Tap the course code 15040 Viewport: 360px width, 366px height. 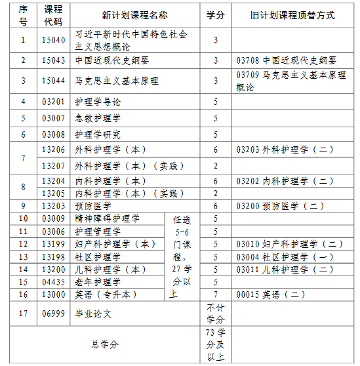[x=53, y=40]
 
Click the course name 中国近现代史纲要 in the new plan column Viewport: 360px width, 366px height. [x=112, y=60]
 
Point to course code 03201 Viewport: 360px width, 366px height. [x=53, y=102]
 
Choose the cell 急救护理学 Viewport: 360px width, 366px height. [x=98, y=118]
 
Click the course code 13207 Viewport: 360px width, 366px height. [x=53, y=165]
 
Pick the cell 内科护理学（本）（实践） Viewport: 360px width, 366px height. [x=130, y=193]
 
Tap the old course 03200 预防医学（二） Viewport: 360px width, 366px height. [x=281, y=206]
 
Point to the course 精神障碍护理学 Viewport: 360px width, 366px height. [x=107, y=218]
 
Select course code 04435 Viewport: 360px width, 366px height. [x=53, y=281]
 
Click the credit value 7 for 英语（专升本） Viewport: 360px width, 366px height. [x=215, y=295]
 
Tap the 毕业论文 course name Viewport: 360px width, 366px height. [x=93, y=314]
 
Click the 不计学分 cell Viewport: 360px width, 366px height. [x=215, y=314]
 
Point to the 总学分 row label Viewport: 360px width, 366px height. [x=105, y=344]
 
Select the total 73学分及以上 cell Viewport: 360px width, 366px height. [x=215, y=344]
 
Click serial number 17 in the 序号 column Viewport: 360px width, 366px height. [x=24, y=314]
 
